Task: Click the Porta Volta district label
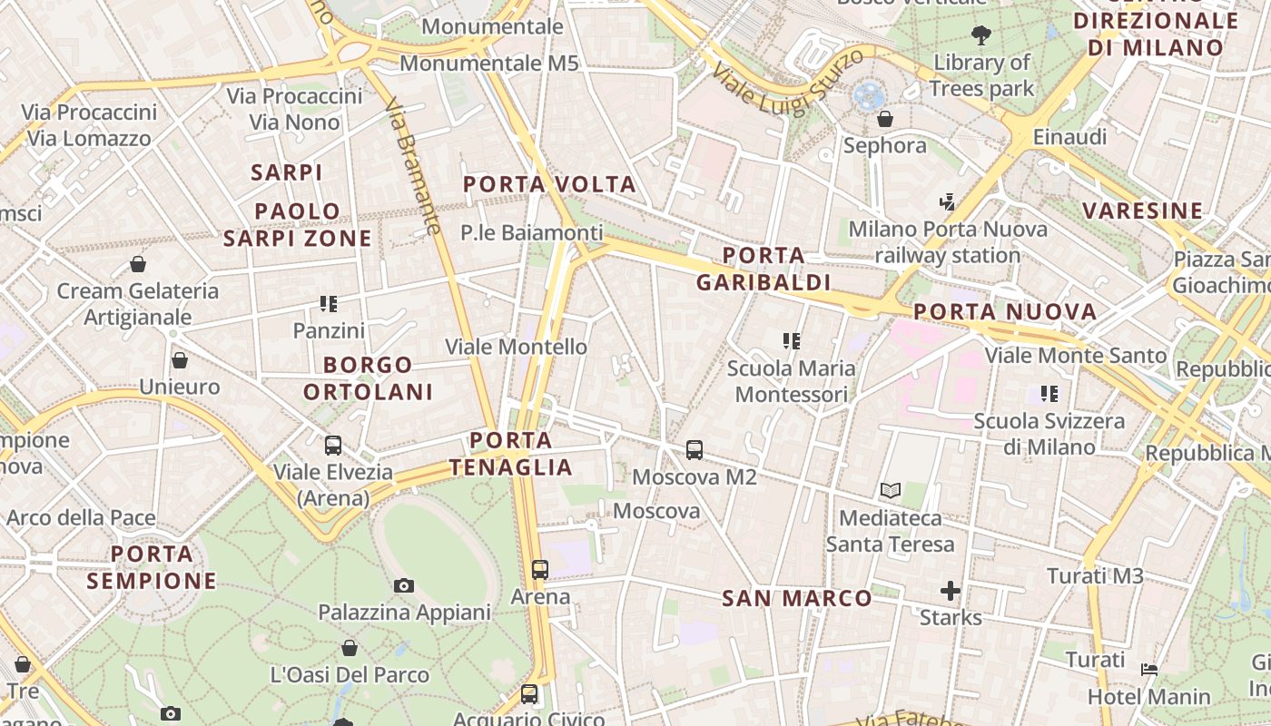pyautogui.click(x=549, y=184)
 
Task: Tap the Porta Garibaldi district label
pyautogui.click(x=764, y=269)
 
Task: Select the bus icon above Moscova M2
pyautogui.click(x=695, y=449)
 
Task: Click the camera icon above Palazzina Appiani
pyautogui.click(x=404, y=585)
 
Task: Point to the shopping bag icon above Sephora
pyautogui.click(x=884, y=119)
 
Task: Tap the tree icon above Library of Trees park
pyautogui.click(x=980, y=35)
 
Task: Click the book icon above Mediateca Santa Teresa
pyautogui.click(x=891, y=491)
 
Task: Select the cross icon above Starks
pyautogui.click(x=950, y=592)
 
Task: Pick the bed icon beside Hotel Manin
pyautogui.click(x=1149, y=670)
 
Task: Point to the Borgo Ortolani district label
pyautogui.click(x=368, y=378)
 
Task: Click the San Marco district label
pyautogui.click(x=796, y=598)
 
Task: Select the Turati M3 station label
pyautogui.click(x=1095, y=576)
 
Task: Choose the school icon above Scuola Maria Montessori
pyautogui.click(x=791, y=341)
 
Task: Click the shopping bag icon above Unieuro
pyautogui.click(x=180, y=360)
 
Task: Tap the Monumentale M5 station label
pyautogui.click(x=489, y=64)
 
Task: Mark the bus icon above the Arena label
pyautogui.click(x=540, y=570)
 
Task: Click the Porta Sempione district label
pyautogui.click(x=152, y=567)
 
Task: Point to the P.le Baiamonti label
pyautogui.click(x=531, y=233)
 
